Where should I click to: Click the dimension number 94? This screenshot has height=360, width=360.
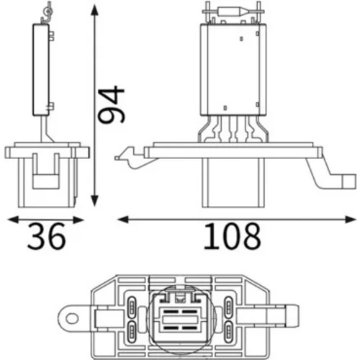[112, 104]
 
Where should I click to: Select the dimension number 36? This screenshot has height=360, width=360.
[46, 236]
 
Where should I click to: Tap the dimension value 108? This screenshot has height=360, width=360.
[232, 236]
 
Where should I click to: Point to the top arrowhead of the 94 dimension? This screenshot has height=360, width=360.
[95, 11]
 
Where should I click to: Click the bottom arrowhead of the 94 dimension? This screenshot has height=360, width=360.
[95, 200]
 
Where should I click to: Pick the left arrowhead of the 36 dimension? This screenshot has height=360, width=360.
[14, 220]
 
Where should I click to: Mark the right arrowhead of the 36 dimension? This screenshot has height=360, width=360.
[78, 220]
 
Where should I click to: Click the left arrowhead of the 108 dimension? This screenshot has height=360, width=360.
[123, 219]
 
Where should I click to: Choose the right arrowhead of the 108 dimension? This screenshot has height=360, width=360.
[350, 219]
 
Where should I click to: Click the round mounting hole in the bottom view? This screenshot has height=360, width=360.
[72, 319]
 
